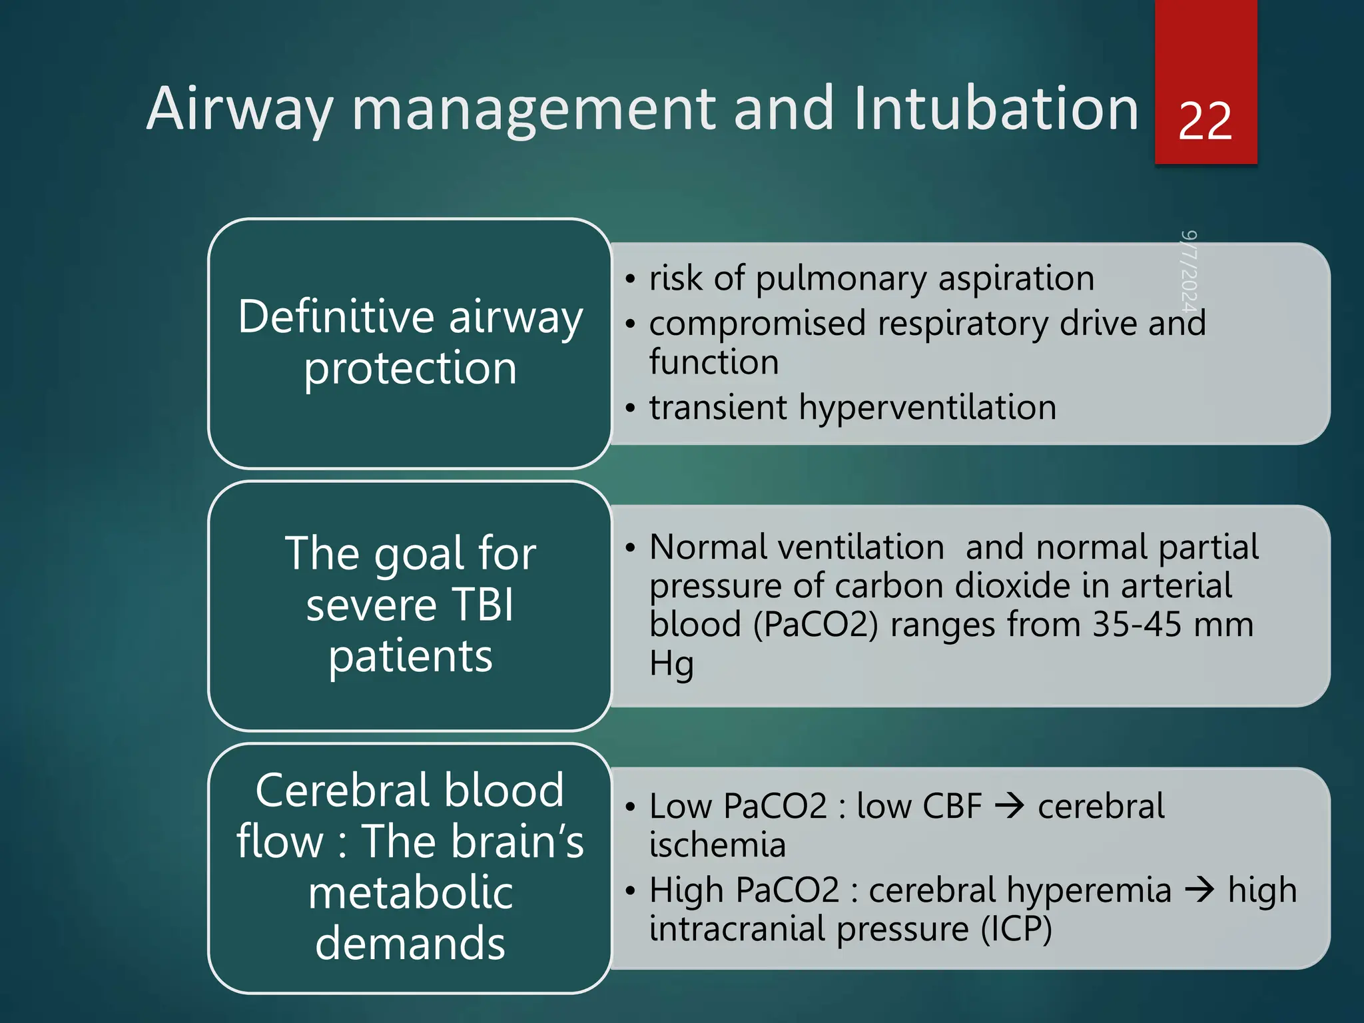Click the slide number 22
pyautogui.click(x=1205, y=122)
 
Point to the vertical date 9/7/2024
pyautogui.click(x=1189, y=271)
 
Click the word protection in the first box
pyautogui.click(x=410, y=368)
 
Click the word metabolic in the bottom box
pyautogui.click(x=410, y=893)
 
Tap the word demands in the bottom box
pyautogui.click(x=410, y=944)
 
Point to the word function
pyautogui.click(x=714, y=362)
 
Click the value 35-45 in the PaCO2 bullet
pyautogui.click(x=1137, y=625)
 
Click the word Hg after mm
pyautogui.click(x=671, y=665)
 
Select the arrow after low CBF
pyautogui.click(x=1009, y=807)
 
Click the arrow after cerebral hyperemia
pyautogui.click(x=1199, y=890)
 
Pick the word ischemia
pyautogui.click(x=717, y=845)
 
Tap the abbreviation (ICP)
pyautogui.click(x=1016, y=929)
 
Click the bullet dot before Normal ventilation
pyautogui.click(x=630, y=548)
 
